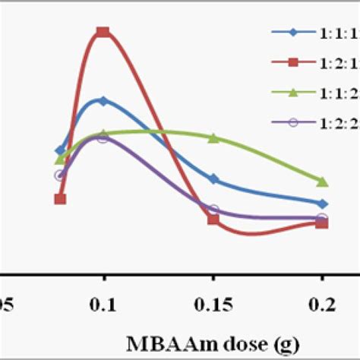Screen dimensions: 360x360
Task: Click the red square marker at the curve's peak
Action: [x=103, y=32]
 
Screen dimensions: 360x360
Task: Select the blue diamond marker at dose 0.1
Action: [x=103, y=100]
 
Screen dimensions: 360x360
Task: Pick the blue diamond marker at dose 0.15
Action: [x=213, y=179]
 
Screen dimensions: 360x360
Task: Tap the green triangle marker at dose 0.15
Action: [x=213, y=137]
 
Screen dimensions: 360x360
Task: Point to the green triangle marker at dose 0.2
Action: [x=322, y=181]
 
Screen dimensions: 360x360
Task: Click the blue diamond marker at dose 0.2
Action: [x=322, y=204]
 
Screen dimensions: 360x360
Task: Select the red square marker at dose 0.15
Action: [x=213, y=219]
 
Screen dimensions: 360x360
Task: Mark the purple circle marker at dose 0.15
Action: [x=213, y=209]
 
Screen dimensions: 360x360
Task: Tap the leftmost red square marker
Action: [x=60, y=199]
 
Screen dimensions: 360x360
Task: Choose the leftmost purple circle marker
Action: [x=60, y=175]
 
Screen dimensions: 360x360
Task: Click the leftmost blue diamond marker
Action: [x=60, y=150]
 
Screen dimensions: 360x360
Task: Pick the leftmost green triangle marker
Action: [x=60, y=159]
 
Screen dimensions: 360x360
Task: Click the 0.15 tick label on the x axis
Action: [x=213, y=304]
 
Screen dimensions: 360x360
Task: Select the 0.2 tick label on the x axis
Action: [x=322, y=304]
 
